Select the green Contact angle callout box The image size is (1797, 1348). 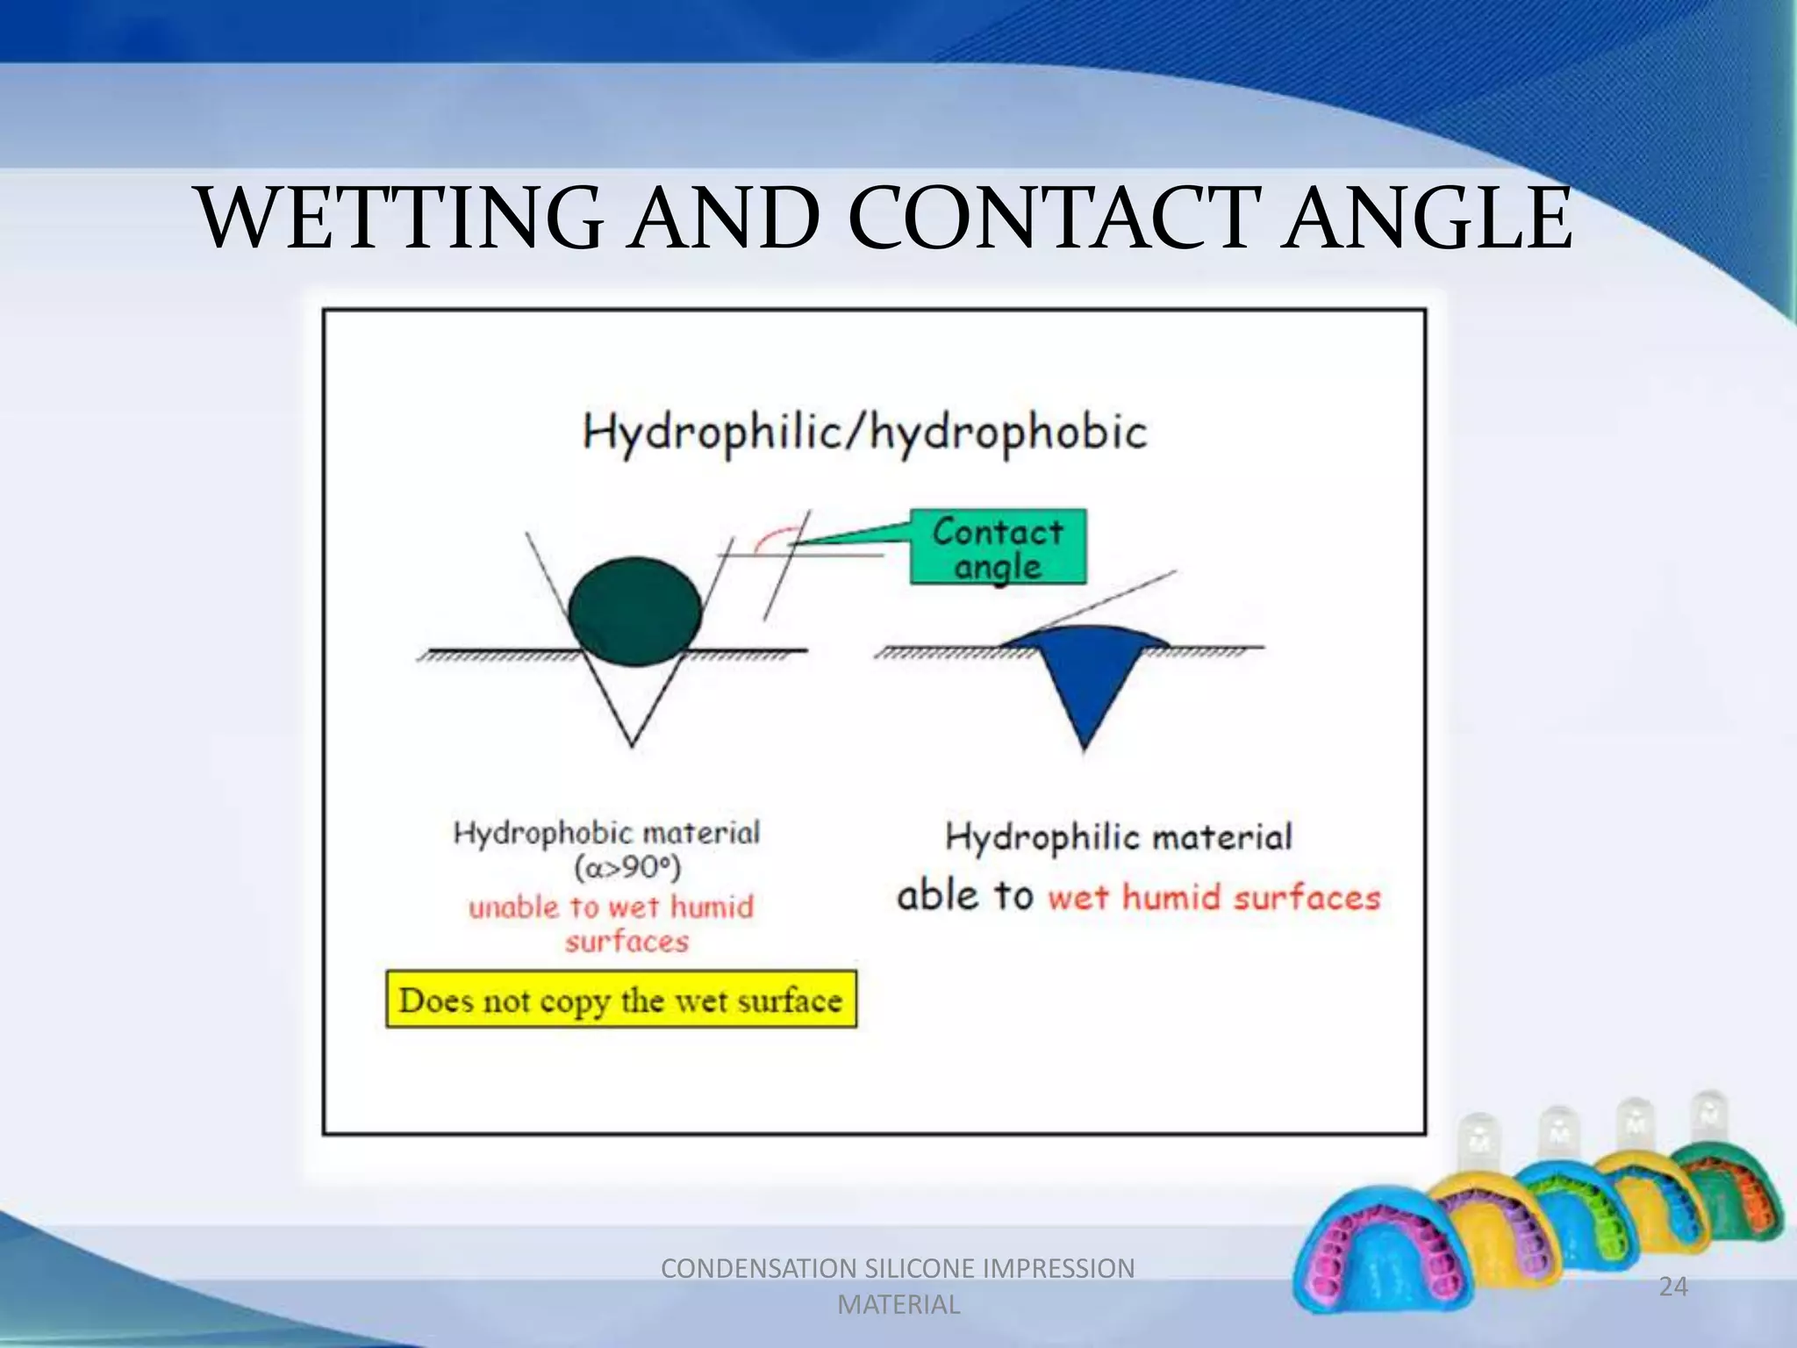point(998,548)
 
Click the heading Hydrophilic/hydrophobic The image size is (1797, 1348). point(865,433)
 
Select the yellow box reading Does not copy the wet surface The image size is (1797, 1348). point(621,1000)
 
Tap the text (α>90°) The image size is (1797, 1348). point(627,868)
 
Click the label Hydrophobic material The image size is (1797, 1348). point(606,832)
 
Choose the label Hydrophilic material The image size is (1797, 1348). point(1119,836)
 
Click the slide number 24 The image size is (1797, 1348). point(1672,1287)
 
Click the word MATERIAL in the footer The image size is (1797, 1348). point(898,1305)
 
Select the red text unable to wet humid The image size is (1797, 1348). point(611,907)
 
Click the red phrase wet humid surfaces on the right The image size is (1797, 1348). point(1214,898)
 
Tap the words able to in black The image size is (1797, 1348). point(964,896)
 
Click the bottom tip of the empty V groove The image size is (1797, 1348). point(632,744)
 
